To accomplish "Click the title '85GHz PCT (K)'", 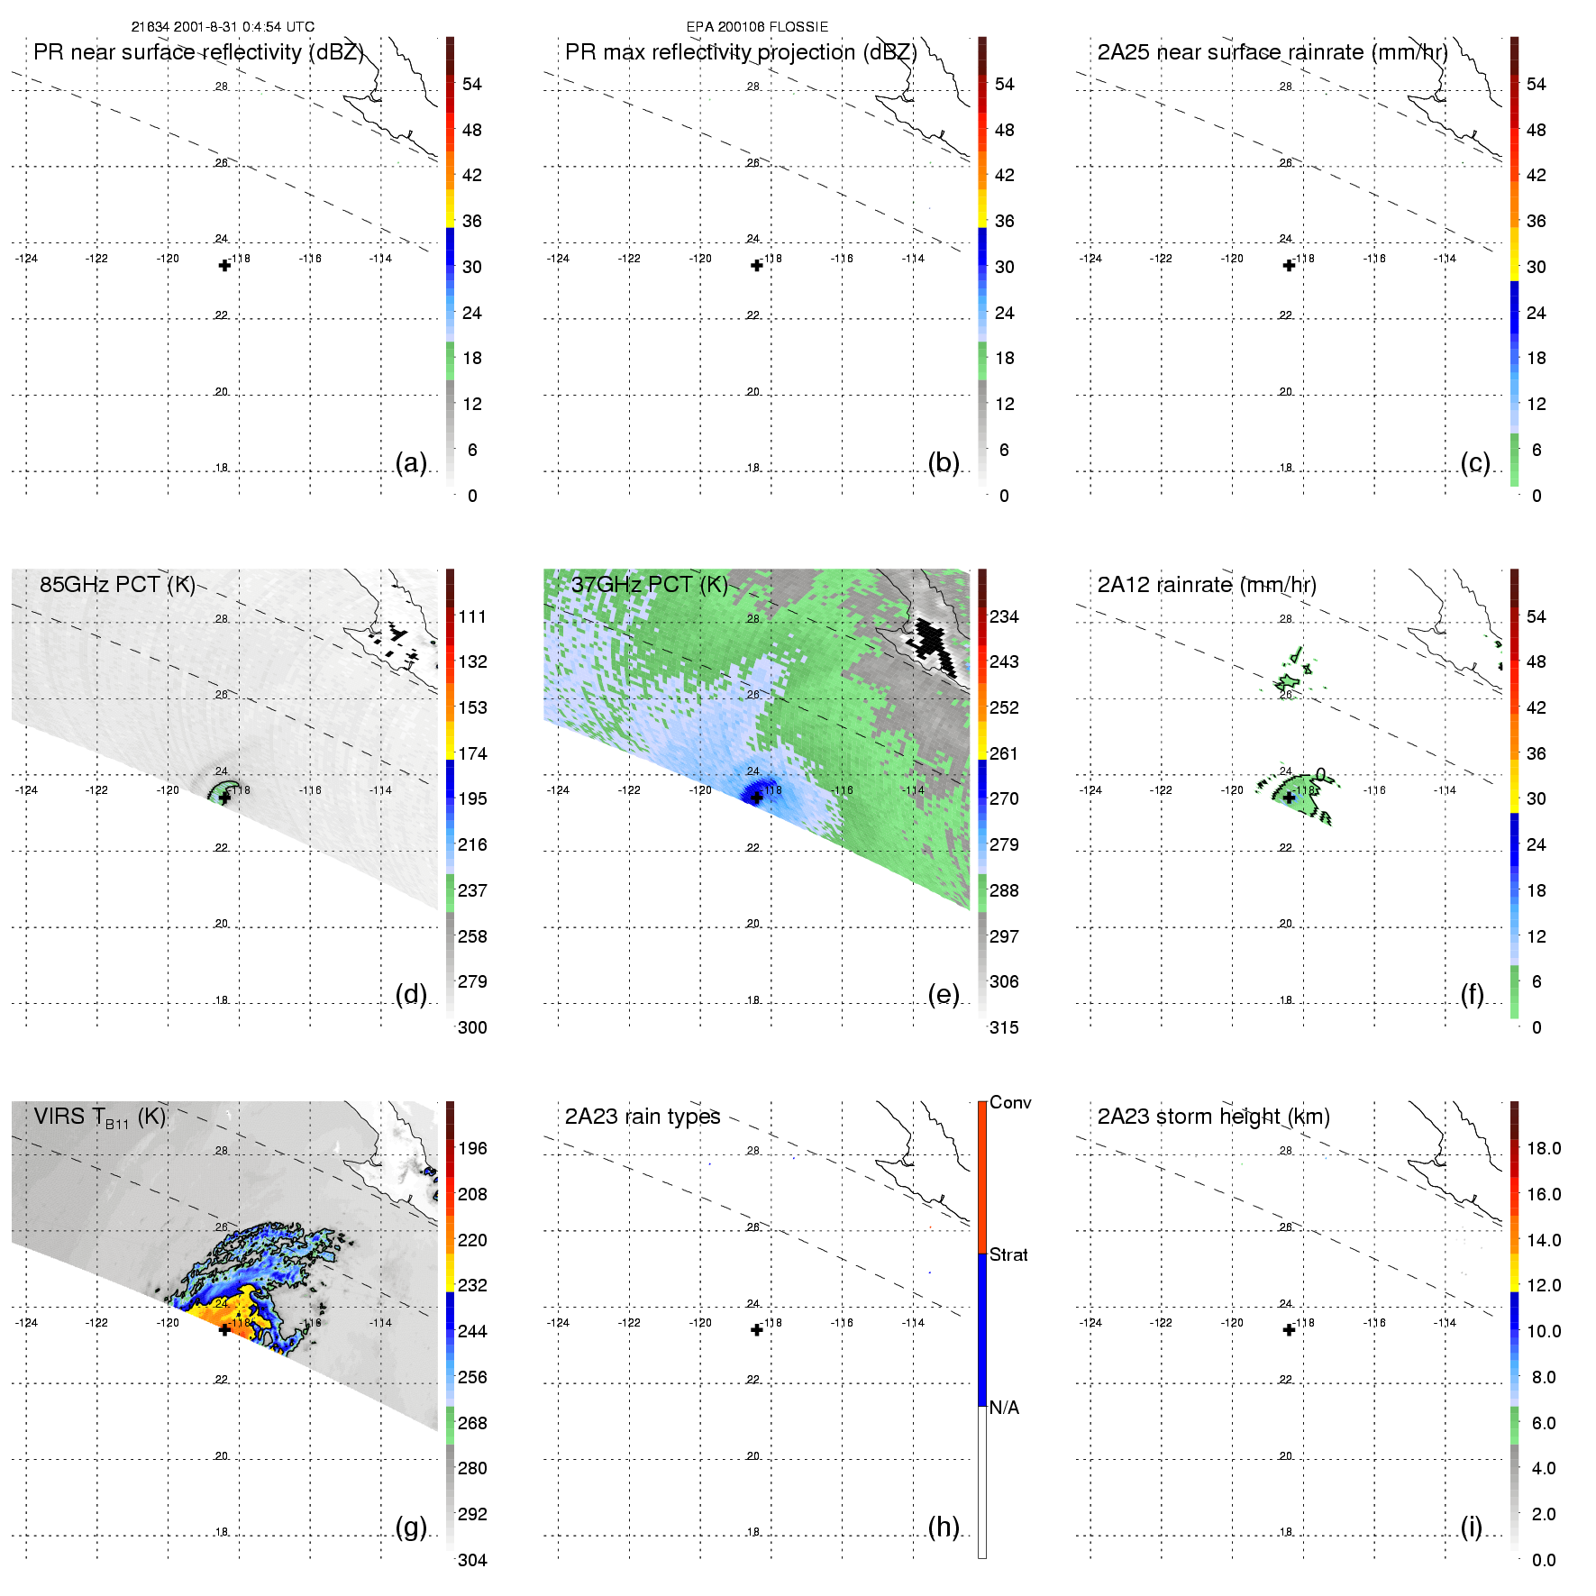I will pyautogui.click(x=117, y=584).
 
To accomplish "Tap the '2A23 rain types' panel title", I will pyautogui.click(x=643, y=1117).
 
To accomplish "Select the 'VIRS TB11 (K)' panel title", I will pyautogui.click(x=99, y=1117).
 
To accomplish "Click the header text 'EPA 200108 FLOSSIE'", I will pyautogui.click(x=757, y=27).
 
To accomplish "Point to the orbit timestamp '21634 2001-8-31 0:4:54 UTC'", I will pyautogui.click(x=223, y=27).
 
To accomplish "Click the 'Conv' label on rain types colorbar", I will pyautogui.click(x=1010, y=1102).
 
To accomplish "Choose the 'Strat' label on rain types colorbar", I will pyautogui.click(x=1008, y=1254).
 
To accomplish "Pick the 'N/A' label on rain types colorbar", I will pyautogui.click(x=1004, y=1408).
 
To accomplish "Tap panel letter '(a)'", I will pyautogui.click(x=411, y=462).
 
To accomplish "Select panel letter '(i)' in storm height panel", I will pyautogui.click(x=1471, y=1527).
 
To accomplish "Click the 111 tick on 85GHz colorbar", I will pyautogui.click(x=472, y=616).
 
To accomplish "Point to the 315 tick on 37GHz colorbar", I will pyautogui.click(x=1004, y=1027).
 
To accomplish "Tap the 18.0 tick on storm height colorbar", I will pyautogui.click(x=1543, y=1148).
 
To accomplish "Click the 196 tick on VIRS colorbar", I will pyautogui.click(x=472, y=1148).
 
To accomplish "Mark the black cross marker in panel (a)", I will pyautogui.click(x=224, y=265).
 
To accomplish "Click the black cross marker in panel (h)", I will pyautogui.click(x=757, y=1330).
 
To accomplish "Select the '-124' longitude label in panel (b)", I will pyautogui.click(x=558, y=259).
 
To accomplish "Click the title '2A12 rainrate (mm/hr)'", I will pyautogui.click(x=1207, y=585).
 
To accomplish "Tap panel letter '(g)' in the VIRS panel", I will pyautogui.click(x=411, y=1527).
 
